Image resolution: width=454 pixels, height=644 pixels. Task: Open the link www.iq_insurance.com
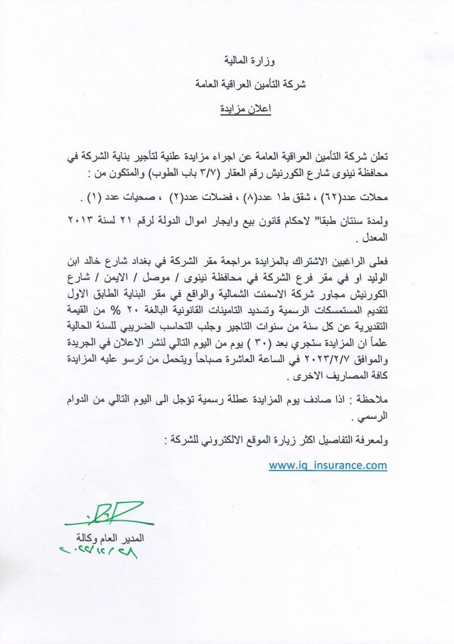(328, 465)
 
